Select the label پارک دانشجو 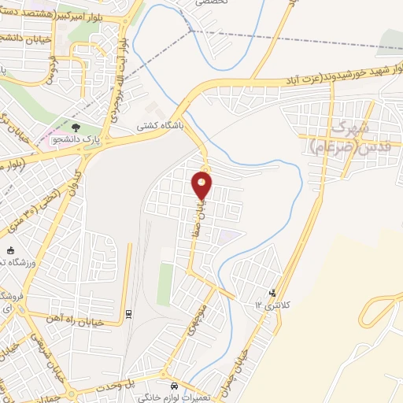(x=69, y=139)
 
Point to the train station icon (x=128, y=314)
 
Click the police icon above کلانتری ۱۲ (x=273, y=292)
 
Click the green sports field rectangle (x=165, y=284)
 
